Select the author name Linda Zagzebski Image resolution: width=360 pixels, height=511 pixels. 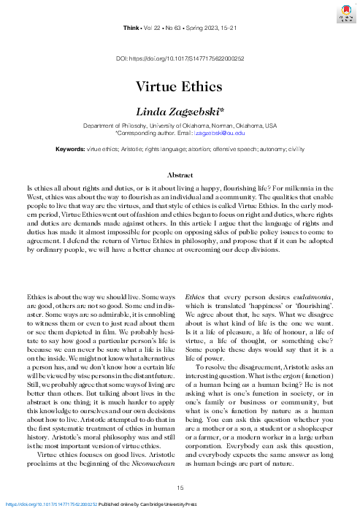click(x=180, y=110)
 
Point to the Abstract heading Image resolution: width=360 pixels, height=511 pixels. click(x=180, y=176)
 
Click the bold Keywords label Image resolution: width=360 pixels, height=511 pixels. click(x=70, y=149)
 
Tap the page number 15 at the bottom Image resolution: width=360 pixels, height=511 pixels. click(x=180, y=488)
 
